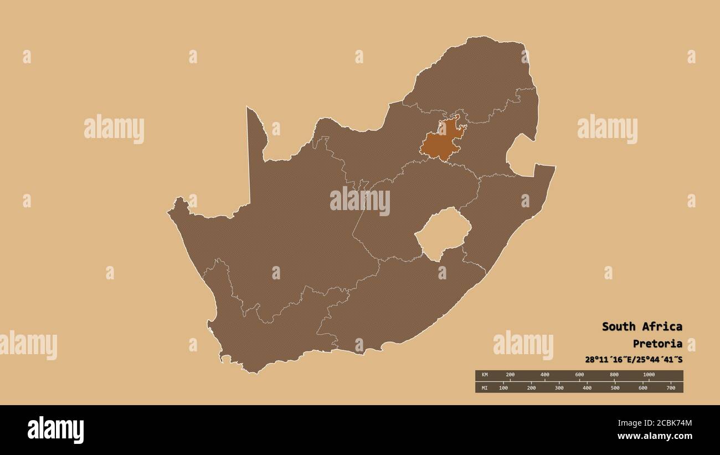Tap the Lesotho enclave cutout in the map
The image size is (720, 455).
pyautogui.click(x=443, y=233)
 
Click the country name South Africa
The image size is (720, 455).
pyautogui.click(x=642, y=326)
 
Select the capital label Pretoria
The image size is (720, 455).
pyautogui.click(x=657, y=344)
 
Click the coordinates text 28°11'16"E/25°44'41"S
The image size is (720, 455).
pyautogui.click(x=634, y=360)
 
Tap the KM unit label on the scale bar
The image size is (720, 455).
pyautogui.click(x=485, y=375)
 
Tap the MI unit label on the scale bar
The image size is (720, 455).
pyautogui.click(x=485, y=387)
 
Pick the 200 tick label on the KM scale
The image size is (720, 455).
pyautogui.click(x=510, y=375)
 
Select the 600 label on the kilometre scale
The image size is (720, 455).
pyautogui.click(x=579, y=375)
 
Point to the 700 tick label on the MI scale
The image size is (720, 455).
pyautogui.click(x=670, y=387)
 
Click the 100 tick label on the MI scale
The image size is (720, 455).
pyautogui.click(x=503, y=387)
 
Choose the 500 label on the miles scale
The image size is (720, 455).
pyautogui.click(x=615, y=387)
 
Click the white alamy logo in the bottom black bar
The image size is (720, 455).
pyautogui.click(x=55, y=430)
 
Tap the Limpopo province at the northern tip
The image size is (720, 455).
pyautogui.click(x=471, y=78)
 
